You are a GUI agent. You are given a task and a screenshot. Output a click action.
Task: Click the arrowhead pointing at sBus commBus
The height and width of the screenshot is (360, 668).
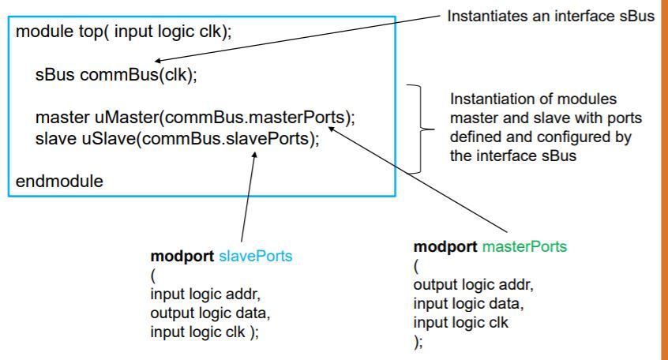pyautogui.click(x=158, y=61)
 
